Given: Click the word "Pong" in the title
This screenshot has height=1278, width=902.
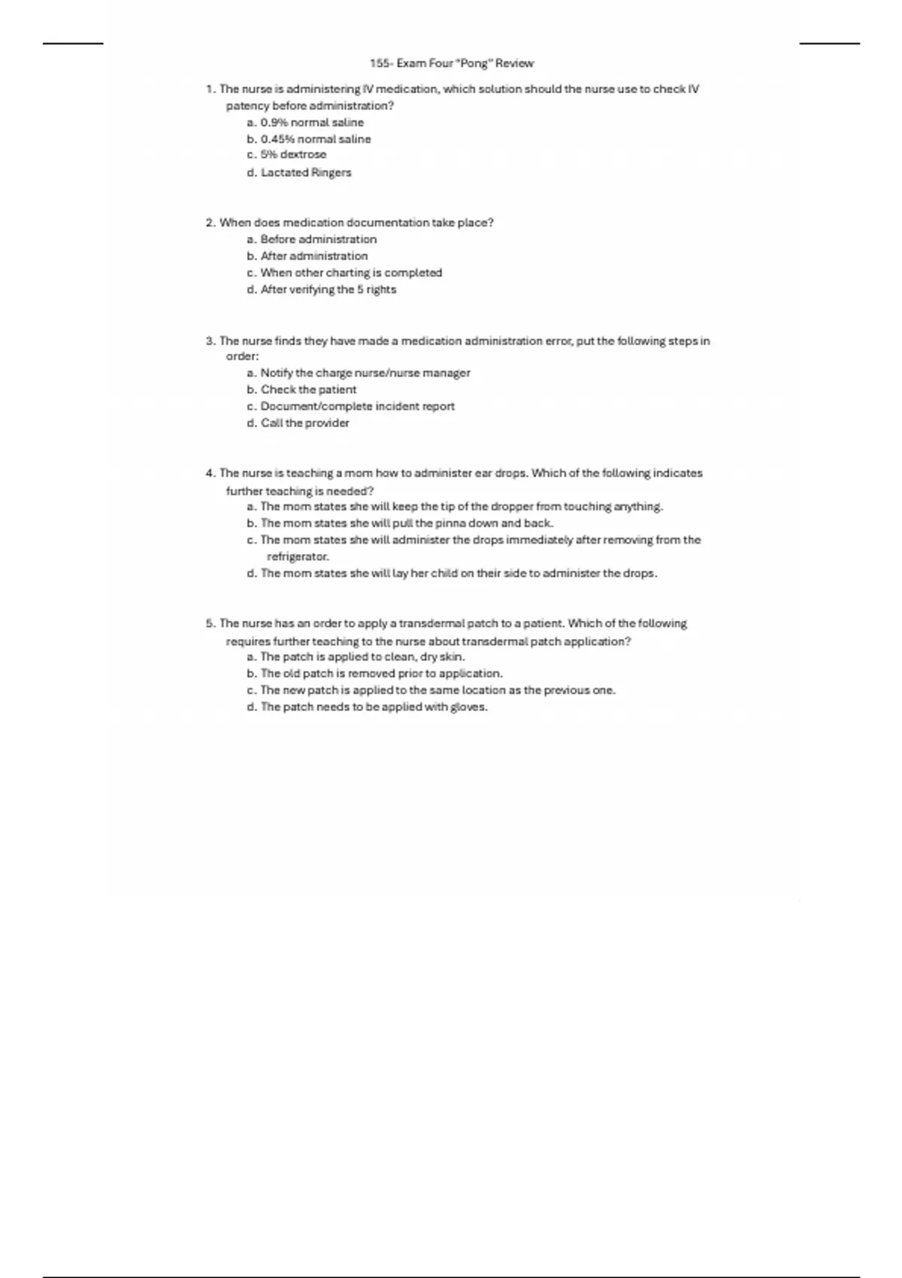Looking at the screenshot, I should tap(474, 63).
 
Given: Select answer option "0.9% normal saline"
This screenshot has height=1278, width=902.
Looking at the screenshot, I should tap(311, 123).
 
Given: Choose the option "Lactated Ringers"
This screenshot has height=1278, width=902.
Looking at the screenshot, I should tap(305, 172).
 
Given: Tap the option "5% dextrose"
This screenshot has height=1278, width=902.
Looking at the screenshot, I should tap(293, 155).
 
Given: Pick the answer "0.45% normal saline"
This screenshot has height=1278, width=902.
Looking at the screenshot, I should tap(315, 139).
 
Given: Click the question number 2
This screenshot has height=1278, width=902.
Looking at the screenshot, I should tap(210, 223).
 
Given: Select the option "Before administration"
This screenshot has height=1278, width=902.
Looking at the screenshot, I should tap(318, 239).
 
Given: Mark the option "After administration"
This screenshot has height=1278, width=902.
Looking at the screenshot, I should tap(313, 256).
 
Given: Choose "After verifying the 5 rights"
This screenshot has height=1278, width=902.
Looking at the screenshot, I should tap(328, 289).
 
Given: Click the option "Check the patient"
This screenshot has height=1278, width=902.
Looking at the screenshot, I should tap(308, 389).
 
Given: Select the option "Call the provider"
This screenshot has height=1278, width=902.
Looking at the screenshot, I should tap(304, 422).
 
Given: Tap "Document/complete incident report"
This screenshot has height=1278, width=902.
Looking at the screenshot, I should tap(357, 406).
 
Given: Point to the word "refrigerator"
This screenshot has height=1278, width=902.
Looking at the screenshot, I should tap(297, 557).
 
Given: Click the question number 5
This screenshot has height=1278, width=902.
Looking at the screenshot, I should tap(210, 623).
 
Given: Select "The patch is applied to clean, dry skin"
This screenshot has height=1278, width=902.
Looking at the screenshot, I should tap(362, 656).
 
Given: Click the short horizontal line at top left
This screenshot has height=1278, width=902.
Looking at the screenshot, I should tap(73, 44).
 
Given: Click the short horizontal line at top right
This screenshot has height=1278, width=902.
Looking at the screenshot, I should tap(829, 44).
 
